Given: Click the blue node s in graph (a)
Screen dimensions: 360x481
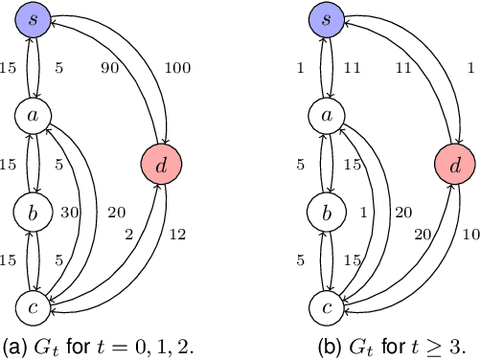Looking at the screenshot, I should click(33, 19).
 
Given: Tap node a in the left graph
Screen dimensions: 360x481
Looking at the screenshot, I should click(33, 115).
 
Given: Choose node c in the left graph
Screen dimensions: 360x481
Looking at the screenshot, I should click(33, 306).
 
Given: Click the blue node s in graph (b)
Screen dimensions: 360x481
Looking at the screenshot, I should click(326, 19).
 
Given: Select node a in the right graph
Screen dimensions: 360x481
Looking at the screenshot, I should click(326, 115).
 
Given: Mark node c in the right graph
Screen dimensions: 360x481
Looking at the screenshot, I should click(326, 306).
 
